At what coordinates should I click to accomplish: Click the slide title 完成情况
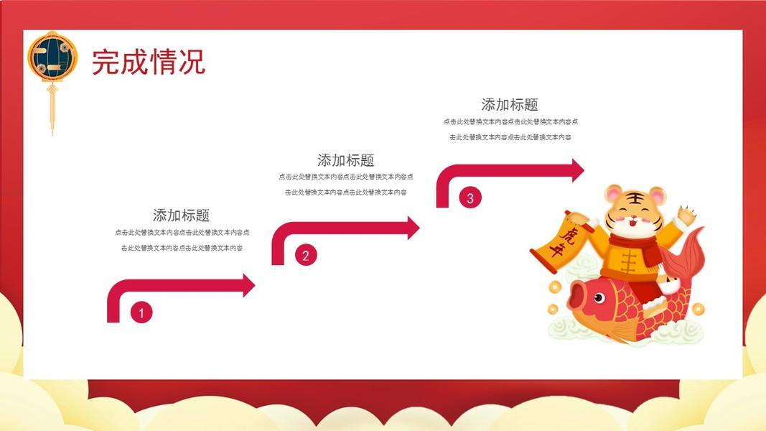149,62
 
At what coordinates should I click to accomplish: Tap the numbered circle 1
141,312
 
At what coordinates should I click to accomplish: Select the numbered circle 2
305,254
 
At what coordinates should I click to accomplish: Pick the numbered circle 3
470,198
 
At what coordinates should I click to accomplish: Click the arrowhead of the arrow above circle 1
248,285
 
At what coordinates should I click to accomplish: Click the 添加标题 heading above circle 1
181,215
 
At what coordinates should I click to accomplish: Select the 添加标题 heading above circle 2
345,160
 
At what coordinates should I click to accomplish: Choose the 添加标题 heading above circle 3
510,105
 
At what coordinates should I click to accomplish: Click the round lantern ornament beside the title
52,56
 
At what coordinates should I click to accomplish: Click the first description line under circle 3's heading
510,122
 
